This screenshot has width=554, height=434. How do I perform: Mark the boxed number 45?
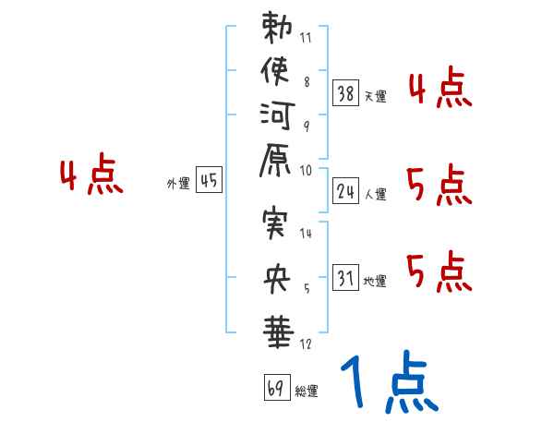click(x=209, y=181)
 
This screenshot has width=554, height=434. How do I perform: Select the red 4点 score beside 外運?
click(x=91, y=175)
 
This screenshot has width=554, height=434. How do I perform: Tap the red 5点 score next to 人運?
click(x=439, y=186)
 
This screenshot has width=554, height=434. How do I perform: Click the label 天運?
click(x=375, y=95)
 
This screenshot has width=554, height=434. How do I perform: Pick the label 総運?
click(x=306, y=392)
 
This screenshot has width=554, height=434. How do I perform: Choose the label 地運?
click(x=375, y=282)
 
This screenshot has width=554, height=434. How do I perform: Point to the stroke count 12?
click(x=306, y=344)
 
